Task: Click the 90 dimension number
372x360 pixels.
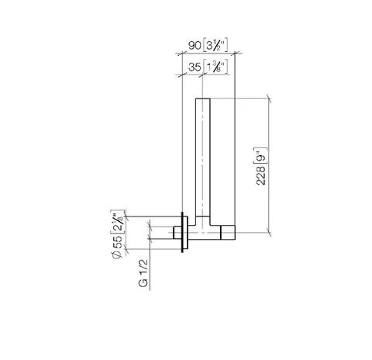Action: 195,46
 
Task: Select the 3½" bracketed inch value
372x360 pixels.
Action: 215,46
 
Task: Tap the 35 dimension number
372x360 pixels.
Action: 195,67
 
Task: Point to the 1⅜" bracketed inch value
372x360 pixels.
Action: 215,67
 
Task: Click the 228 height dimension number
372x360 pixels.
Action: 261,175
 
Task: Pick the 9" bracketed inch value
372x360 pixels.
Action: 261,156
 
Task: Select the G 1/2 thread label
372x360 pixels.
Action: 143,272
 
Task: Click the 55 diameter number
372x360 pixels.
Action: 117,242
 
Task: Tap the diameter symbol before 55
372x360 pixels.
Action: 117,254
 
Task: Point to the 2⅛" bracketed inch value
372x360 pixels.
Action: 118,222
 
